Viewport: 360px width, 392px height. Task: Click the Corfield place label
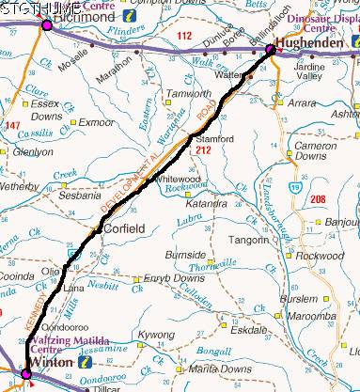(x=124, y=228)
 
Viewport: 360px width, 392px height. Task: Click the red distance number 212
(x=203, y=149)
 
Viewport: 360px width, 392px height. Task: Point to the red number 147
(x=12, y=124)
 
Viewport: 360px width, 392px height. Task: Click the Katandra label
(x=205, y=203)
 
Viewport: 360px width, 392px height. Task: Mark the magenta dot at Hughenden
(x=271, y=50)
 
